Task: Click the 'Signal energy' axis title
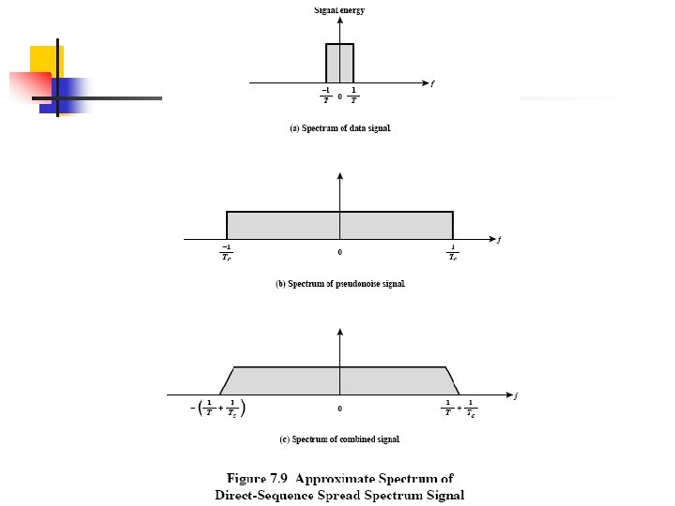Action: tap(339, 10)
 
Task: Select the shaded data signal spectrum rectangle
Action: tap(339, 63)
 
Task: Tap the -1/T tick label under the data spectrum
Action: tap(325, 95)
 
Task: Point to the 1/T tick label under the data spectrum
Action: tap(353, 95)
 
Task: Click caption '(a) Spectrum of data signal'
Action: tap(339, 129)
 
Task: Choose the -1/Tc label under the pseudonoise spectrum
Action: tap(226, 252)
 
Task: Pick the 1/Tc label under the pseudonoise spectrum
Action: tap(453, 252)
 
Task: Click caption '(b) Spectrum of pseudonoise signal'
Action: tap(339, 283)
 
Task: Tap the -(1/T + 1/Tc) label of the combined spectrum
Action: tap(217, 409)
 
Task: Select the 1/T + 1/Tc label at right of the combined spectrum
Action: tap(459, 409)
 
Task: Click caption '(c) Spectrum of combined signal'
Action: tap(339, 439)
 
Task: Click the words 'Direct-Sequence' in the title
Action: tap(264, 495)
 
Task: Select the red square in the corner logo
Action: tap(28, 87)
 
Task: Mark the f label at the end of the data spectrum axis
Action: tap(432, 83)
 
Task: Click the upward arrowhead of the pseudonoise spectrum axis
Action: tap(339, 177)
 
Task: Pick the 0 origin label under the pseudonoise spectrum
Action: tap(339, 252)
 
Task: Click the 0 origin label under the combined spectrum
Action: tap(339, 409)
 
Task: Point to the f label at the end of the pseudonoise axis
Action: tap(499, 240)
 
